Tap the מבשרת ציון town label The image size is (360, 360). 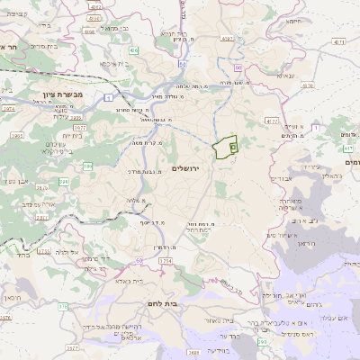(42, 93)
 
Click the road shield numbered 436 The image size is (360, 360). (134, 51)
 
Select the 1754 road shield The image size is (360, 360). (165, 260)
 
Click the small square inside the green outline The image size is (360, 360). (233, 145)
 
